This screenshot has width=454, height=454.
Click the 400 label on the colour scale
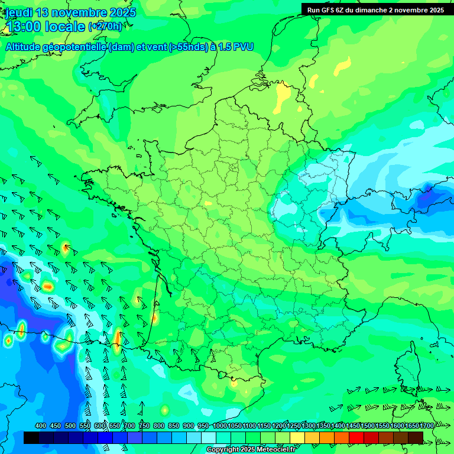pos(41,426)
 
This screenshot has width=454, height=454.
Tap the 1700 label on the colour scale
pos(427,426)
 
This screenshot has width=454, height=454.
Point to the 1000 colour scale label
pos(220,426)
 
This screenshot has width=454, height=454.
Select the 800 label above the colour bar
pos(159,426)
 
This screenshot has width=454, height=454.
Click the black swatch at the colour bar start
pos(31,437)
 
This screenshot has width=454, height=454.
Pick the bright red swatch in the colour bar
pos(356,437)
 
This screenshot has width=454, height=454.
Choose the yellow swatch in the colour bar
pos(297,437)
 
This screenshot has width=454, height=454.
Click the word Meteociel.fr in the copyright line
pos(276,450)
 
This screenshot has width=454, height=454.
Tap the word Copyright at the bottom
pos(223,450)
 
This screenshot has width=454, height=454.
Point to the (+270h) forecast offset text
pos(105,27)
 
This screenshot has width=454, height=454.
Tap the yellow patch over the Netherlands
pos(278,104)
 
